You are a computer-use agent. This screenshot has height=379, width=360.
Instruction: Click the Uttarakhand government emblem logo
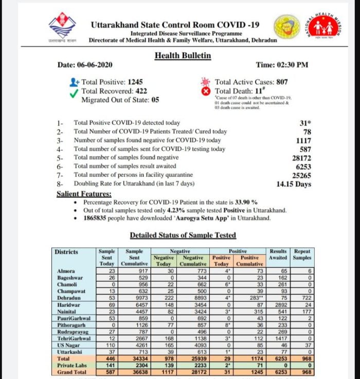tap(61, 28)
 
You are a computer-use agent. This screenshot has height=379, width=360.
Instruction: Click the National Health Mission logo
tap(323, 27)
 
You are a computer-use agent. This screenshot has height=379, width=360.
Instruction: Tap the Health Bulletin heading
tap(182, 56)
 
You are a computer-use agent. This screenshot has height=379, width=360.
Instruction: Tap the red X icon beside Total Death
tap(207, 92)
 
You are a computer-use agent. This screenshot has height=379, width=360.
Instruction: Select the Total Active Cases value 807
tap(282, 82)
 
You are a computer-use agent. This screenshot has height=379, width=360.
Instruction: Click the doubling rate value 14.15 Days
tap(294, 184)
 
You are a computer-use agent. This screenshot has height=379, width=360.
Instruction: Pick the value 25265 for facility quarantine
tap(301, 175)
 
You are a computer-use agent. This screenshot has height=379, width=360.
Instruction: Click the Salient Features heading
tap(84, 194)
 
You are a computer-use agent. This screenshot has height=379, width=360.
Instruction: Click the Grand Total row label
tap(71, 371)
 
